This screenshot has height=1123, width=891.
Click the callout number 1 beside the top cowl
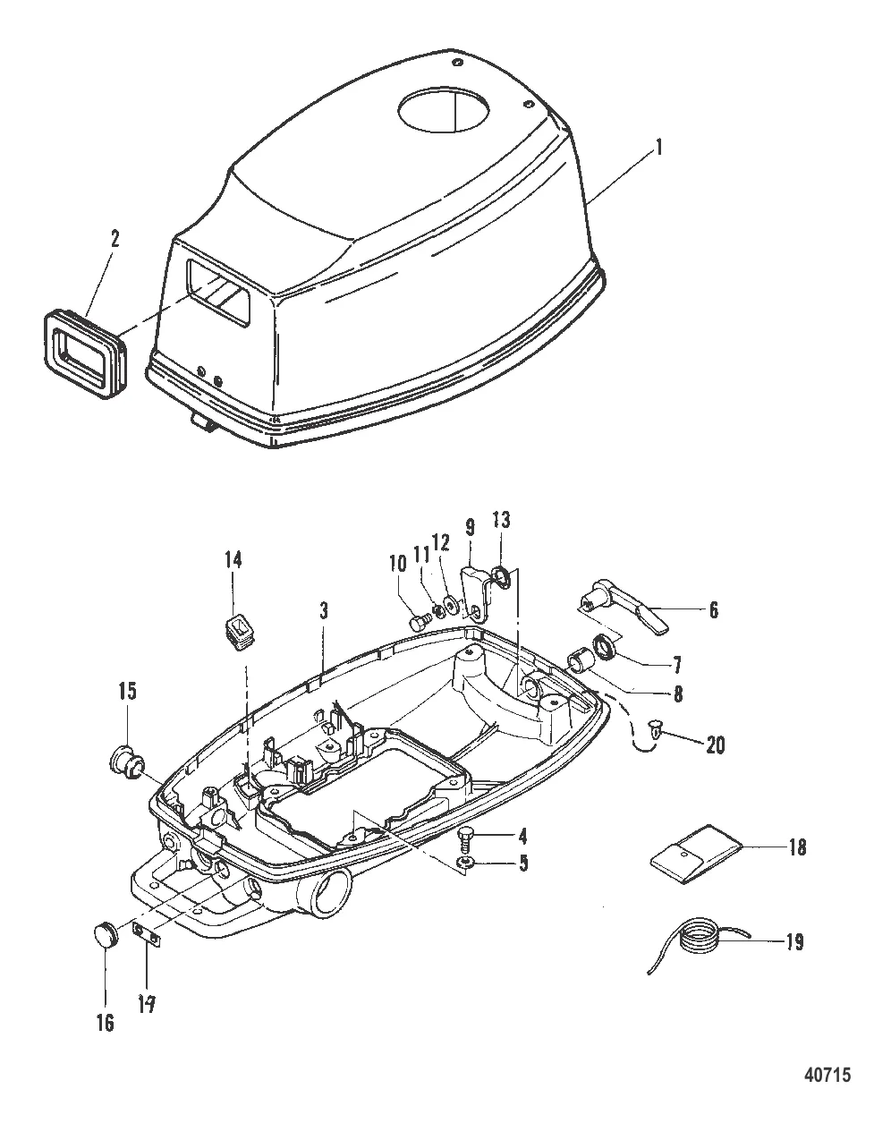point(659,148)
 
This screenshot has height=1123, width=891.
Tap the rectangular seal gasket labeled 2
point(83,354)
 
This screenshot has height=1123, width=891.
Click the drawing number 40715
point(827,1071)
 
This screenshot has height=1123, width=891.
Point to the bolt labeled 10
point(420,622)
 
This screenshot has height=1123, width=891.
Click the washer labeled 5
point(463,863)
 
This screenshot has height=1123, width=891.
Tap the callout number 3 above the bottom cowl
point(324,611)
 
